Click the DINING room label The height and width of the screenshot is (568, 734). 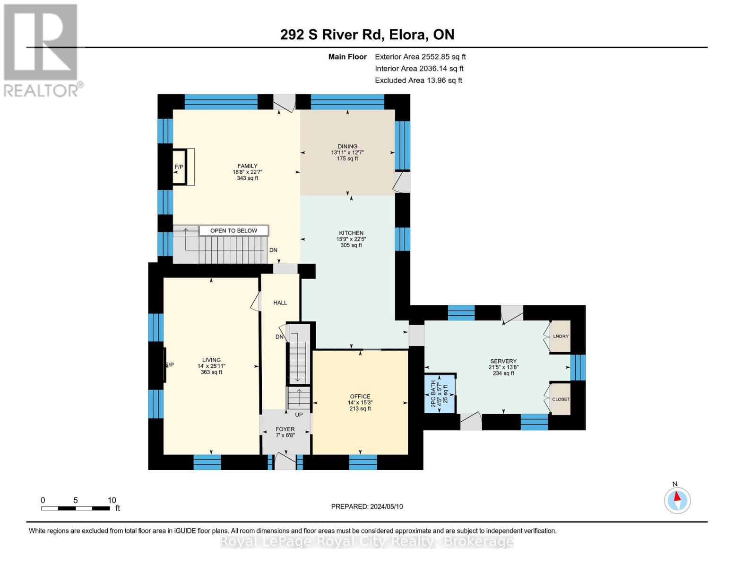[x=347, y=146]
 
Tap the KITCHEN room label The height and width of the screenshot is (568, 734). [x=351, y=233]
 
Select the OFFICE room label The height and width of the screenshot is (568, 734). [x=360, y=396]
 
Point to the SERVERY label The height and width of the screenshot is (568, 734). [x=503, y=361]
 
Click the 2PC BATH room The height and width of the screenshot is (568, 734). [x=440, y=394]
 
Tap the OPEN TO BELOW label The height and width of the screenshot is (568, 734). [x=234, y=231]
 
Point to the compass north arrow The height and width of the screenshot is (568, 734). [x=677, y=496]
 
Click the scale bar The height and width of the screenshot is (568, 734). [x=75, y=508]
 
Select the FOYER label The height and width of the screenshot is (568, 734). [x=285, y=429]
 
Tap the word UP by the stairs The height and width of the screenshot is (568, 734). [x=299, y=415]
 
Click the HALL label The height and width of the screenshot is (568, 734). [x=280, y=303]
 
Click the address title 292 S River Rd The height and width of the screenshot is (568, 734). [x=332, y=35]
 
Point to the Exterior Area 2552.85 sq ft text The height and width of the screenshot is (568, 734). [x=420, y=57]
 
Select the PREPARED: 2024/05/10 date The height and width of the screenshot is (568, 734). [x=367, y=506]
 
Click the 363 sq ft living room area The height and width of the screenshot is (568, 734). [x=211, y=372]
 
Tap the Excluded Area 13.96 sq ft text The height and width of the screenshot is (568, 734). [x=418, y=80]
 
